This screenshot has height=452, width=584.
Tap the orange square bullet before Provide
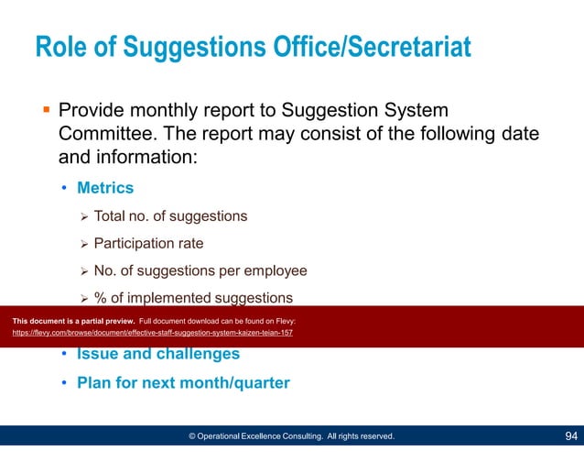[46, 111]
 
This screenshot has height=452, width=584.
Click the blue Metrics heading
[105, 188]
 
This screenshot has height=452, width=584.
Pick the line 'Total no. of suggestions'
[170, 216]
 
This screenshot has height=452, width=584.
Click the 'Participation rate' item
[148, 244]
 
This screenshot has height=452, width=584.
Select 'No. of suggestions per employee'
[200, 271]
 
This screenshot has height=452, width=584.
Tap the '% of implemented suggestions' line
[193, 298]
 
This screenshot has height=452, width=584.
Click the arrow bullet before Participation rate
[83, 244]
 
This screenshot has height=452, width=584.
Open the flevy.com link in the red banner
[152, 333]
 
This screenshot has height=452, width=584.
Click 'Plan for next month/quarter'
[183, 382]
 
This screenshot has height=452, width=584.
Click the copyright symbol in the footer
[192, 436]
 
